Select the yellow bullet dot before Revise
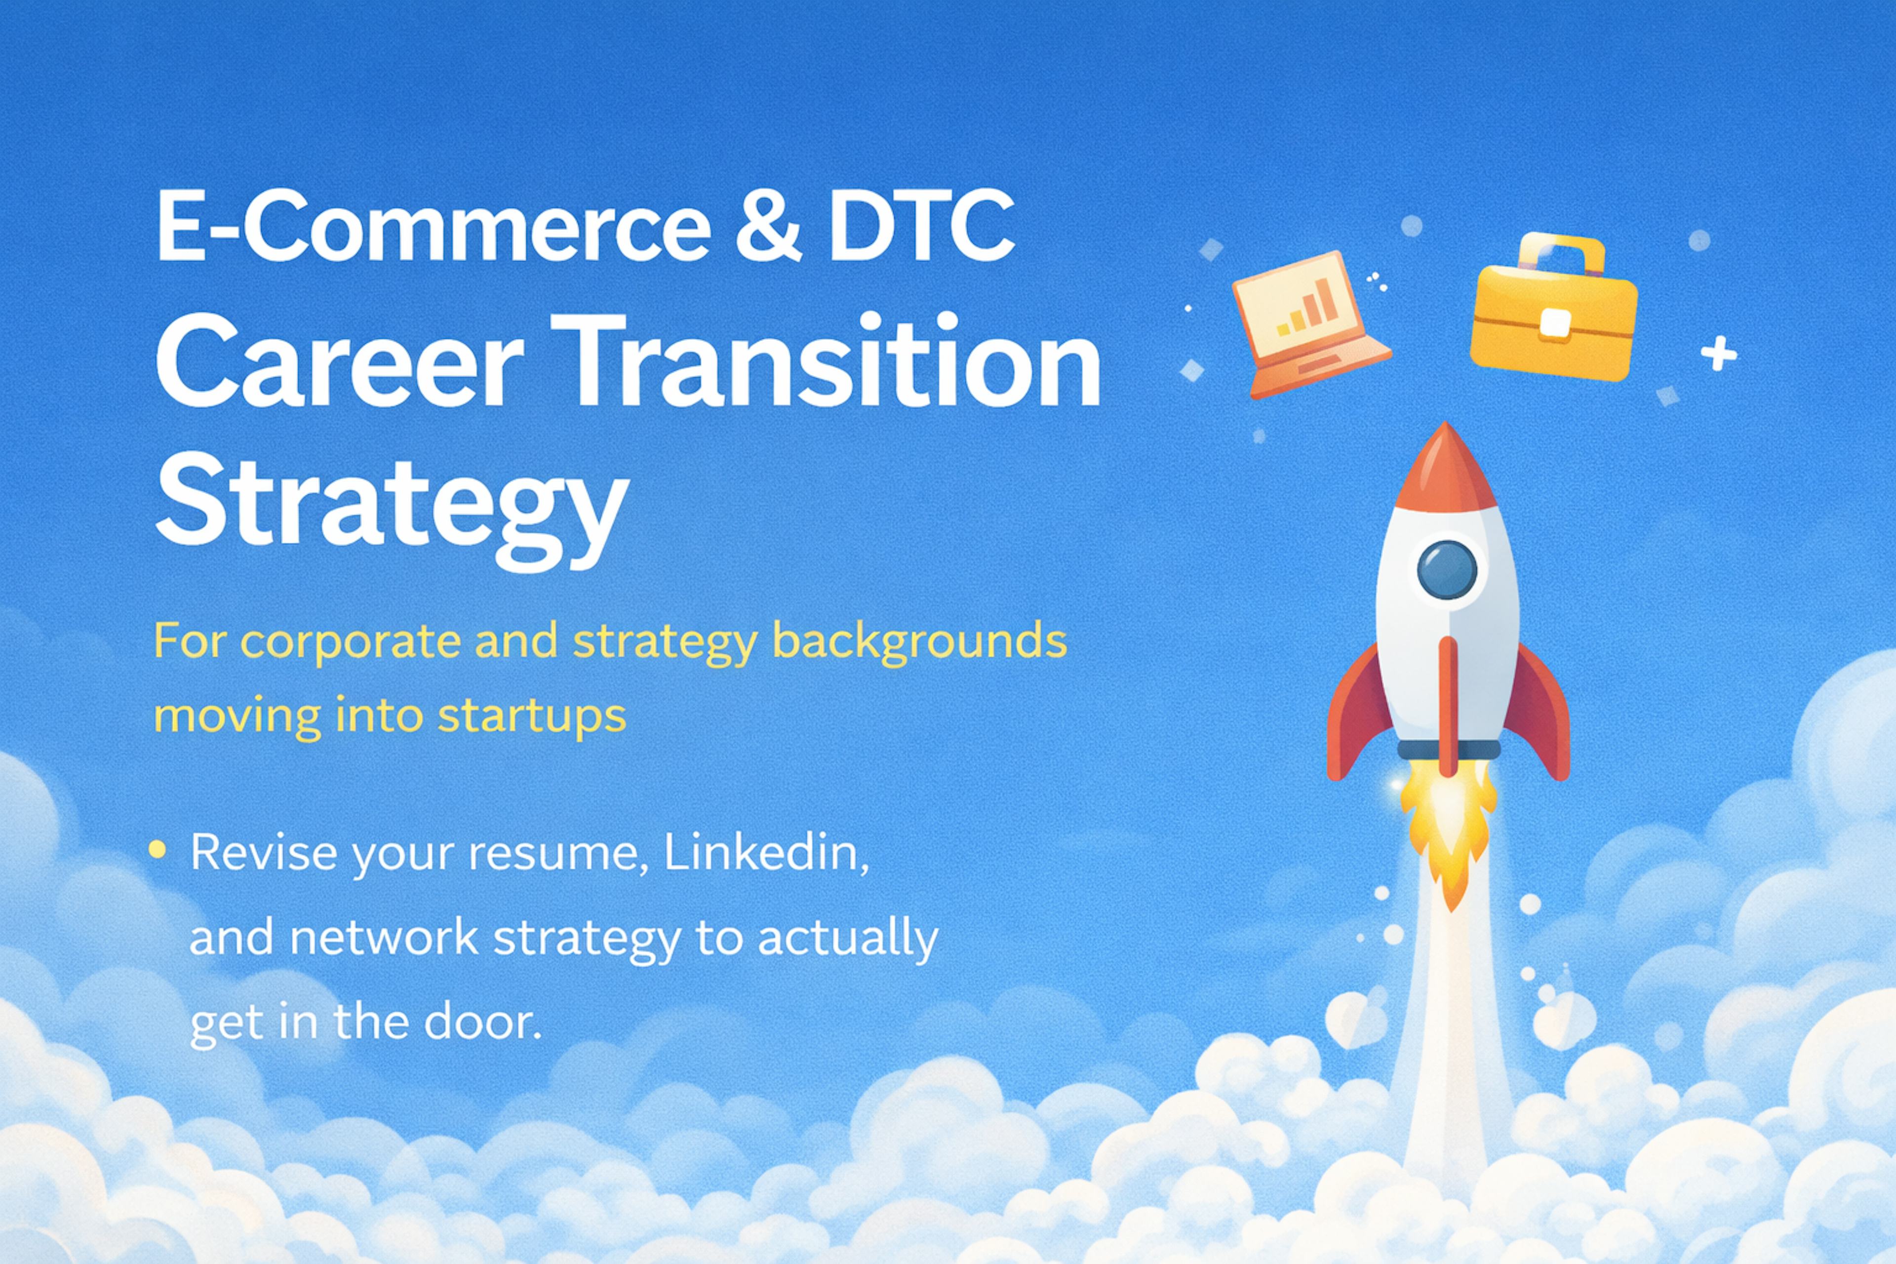(x=158, y=849)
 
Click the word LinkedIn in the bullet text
(x=765, y=853)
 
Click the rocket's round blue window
(x=1447, y=569)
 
